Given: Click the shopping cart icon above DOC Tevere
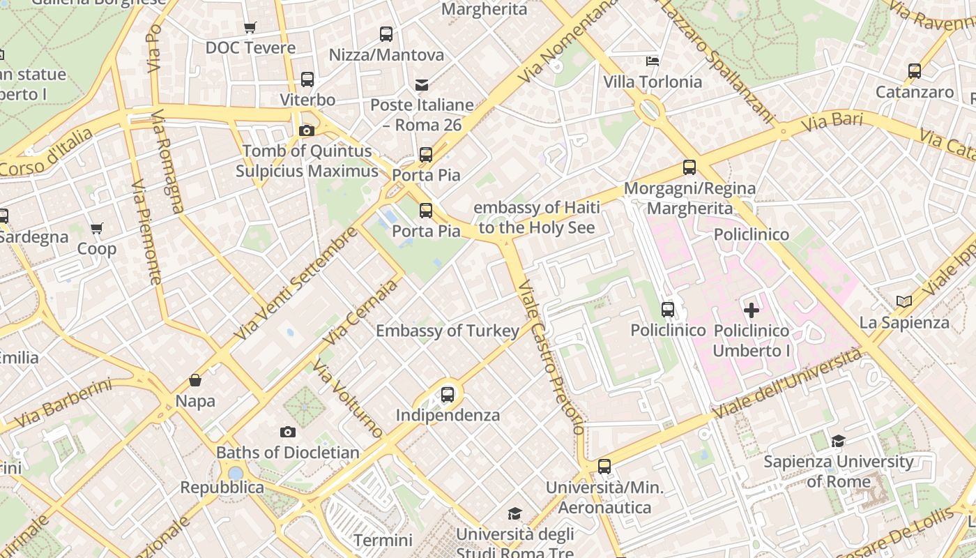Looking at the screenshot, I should coord(250,28).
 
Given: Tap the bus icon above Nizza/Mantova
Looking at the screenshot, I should coord(386,33).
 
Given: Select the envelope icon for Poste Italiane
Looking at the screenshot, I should coord(422,85).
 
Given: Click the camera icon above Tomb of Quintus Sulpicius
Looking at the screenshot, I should coord(306,130).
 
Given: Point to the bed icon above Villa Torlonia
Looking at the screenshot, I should coord(653,61).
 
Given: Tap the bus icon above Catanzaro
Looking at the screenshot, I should coord(915,71).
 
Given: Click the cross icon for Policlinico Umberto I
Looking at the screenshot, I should coord(752,310).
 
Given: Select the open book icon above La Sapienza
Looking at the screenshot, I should coord(904,301).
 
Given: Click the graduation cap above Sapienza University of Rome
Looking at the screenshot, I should coord(838,441).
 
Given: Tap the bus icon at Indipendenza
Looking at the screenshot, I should coord(448,395).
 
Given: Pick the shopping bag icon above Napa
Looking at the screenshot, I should coord(195,380).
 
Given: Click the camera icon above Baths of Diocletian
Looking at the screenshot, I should coord(287,432).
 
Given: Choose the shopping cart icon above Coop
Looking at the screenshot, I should coord(97,228).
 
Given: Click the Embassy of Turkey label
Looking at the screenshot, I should coord(448,331).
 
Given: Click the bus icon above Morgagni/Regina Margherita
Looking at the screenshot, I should coord(689,167).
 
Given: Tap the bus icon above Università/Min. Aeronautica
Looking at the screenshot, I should coord(604,467).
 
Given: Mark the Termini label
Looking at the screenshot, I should coord(383,540).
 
